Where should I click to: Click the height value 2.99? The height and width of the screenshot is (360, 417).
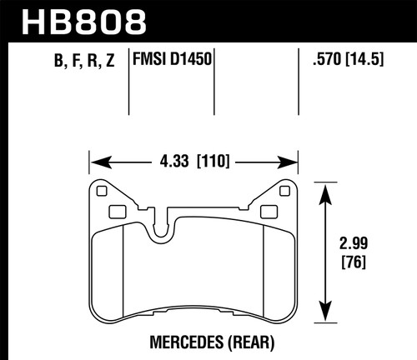[x=357, y=247]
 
